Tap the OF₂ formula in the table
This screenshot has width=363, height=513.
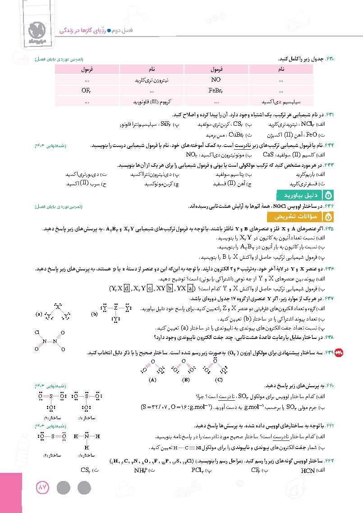click(x=87, y=90)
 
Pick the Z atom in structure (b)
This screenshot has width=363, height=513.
click(x=116, y=309)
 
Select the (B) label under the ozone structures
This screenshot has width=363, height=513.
click(x=185, y=380)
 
